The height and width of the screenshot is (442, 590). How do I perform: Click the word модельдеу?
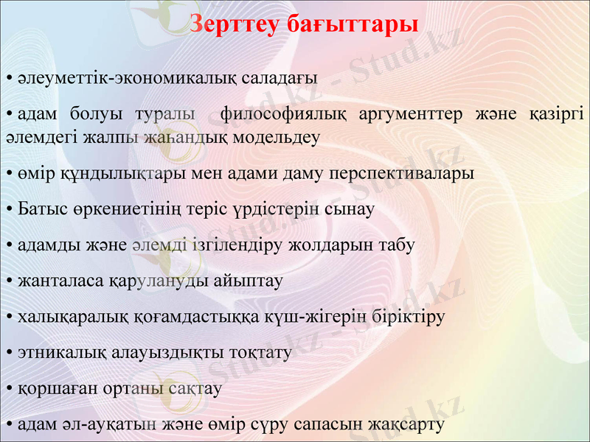click(280, 136)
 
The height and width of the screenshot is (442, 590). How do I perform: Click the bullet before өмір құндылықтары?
click(7, 174)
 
